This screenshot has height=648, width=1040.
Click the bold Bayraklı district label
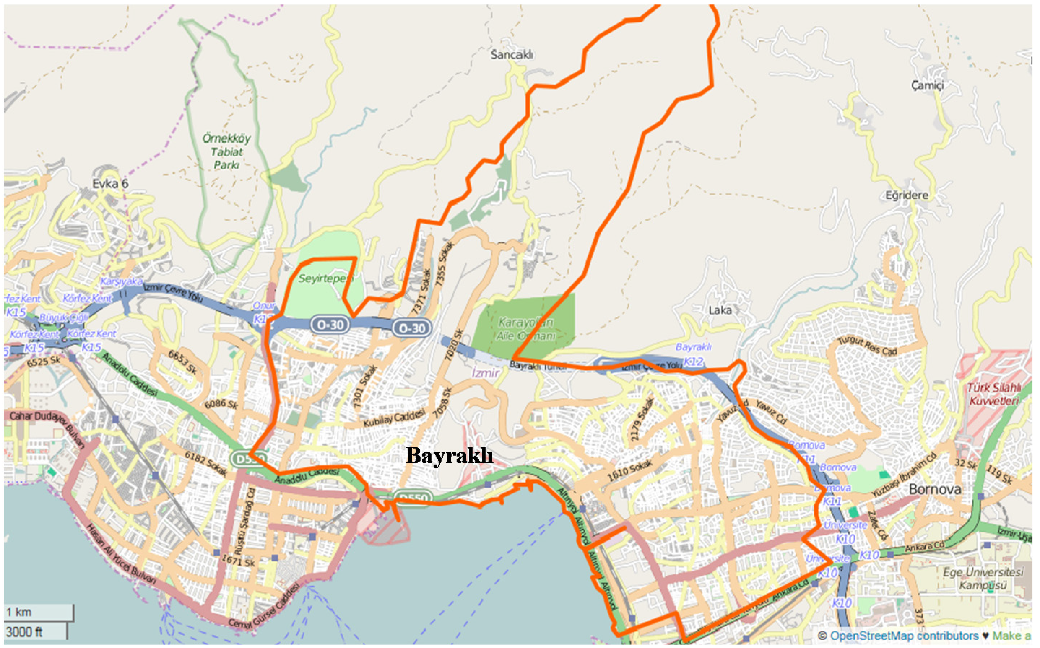point(449,455)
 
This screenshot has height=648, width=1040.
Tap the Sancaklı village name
point(512,55)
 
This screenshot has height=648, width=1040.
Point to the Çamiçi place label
point(927,85)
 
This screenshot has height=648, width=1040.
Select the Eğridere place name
point(907,195)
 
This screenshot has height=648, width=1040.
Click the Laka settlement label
point(720,310)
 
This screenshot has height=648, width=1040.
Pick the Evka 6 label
point(110,184)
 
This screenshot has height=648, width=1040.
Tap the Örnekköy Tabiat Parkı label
point(226,152)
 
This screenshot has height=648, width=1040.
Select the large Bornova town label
point(935,489)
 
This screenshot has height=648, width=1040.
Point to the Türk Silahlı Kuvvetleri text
point(994,394)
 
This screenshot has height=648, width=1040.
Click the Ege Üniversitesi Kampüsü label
point(983,579)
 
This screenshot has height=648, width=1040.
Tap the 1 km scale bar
point(38,612)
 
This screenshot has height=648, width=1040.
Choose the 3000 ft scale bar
point(35,632)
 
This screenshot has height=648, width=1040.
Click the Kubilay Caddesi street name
point(394,418)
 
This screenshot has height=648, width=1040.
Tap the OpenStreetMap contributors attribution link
point(904,636)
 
